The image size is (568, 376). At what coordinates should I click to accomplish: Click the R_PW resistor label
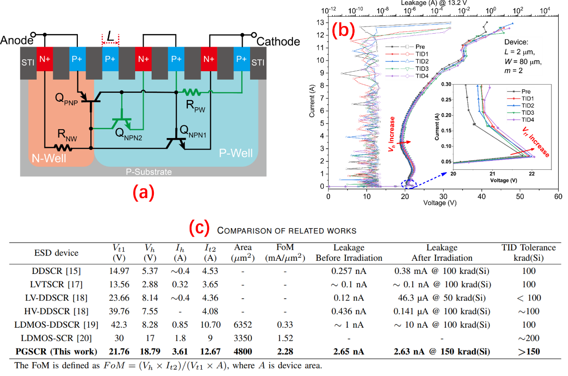click(x=195, y=106)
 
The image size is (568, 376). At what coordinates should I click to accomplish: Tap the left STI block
click(x=27, y=62)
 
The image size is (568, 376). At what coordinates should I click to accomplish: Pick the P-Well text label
click(x=236, y=153)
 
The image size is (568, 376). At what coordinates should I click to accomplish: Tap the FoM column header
click(x=285, y=252)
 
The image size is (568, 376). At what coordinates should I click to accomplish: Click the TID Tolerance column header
click(x=529, y=252)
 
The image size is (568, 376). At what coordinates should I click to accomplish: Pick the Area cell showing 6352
click(x=243, y=324)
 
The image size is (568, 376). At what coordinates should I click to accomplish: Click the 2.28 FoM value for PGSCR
click(x=285, y=351)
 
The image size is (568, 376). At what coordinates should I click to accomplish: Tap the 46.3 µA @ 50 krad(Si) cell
click(x=442, y=298)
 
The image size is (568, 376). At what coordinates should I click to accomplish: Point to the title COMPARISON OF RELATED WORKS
click(x=286, y=231)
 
